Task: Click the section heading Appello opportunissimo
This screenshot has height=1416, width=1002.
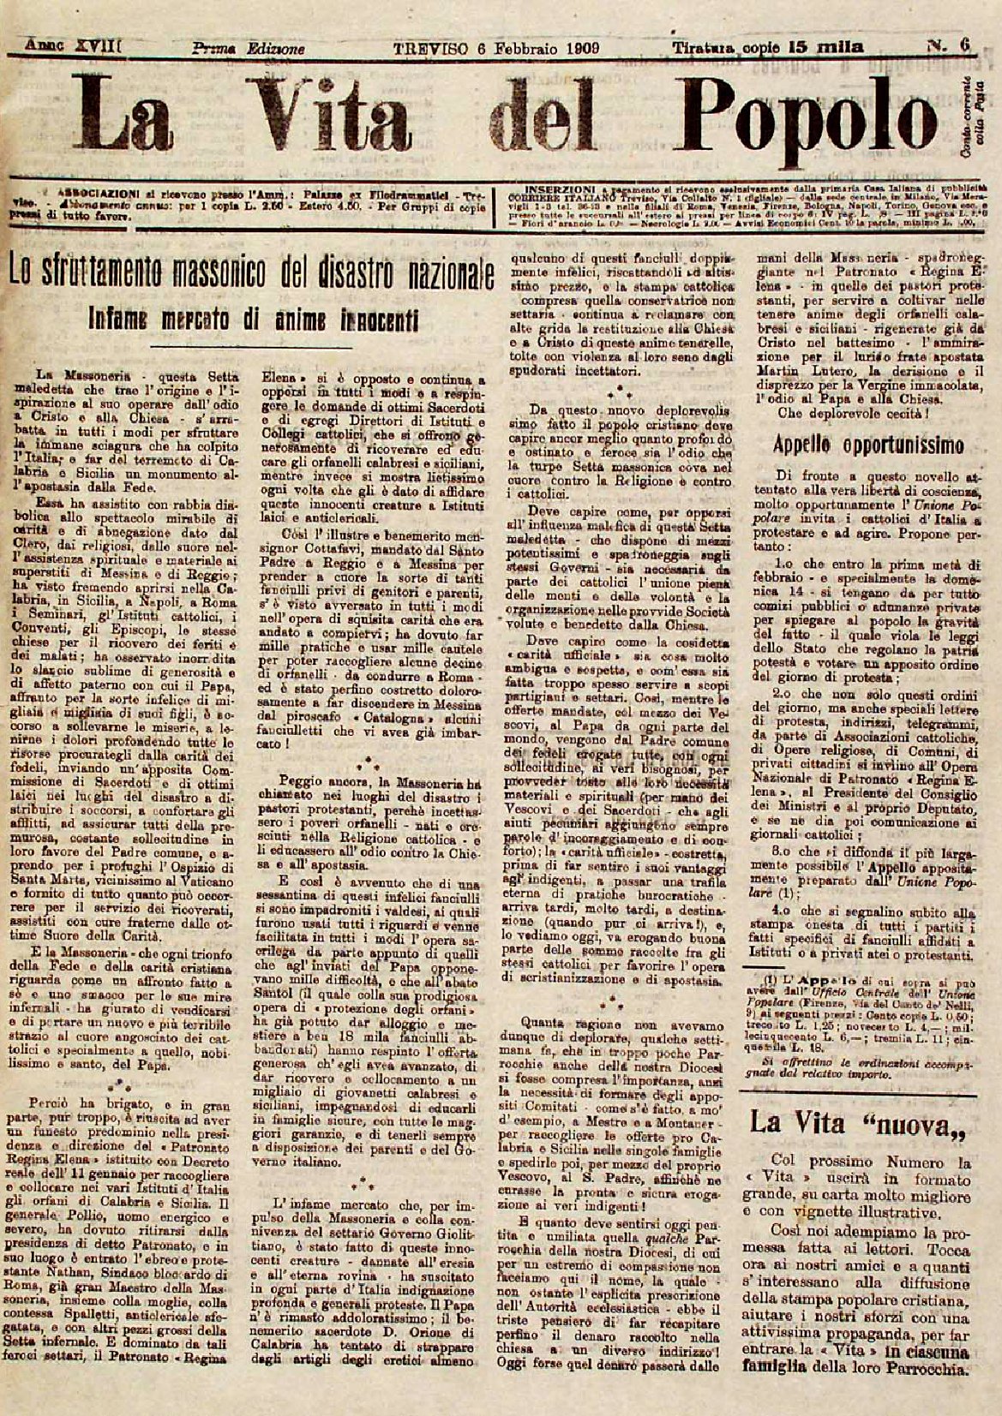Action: [868, 445]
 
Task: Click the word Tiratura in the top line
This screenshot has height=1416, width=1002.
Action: [704, 48]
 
